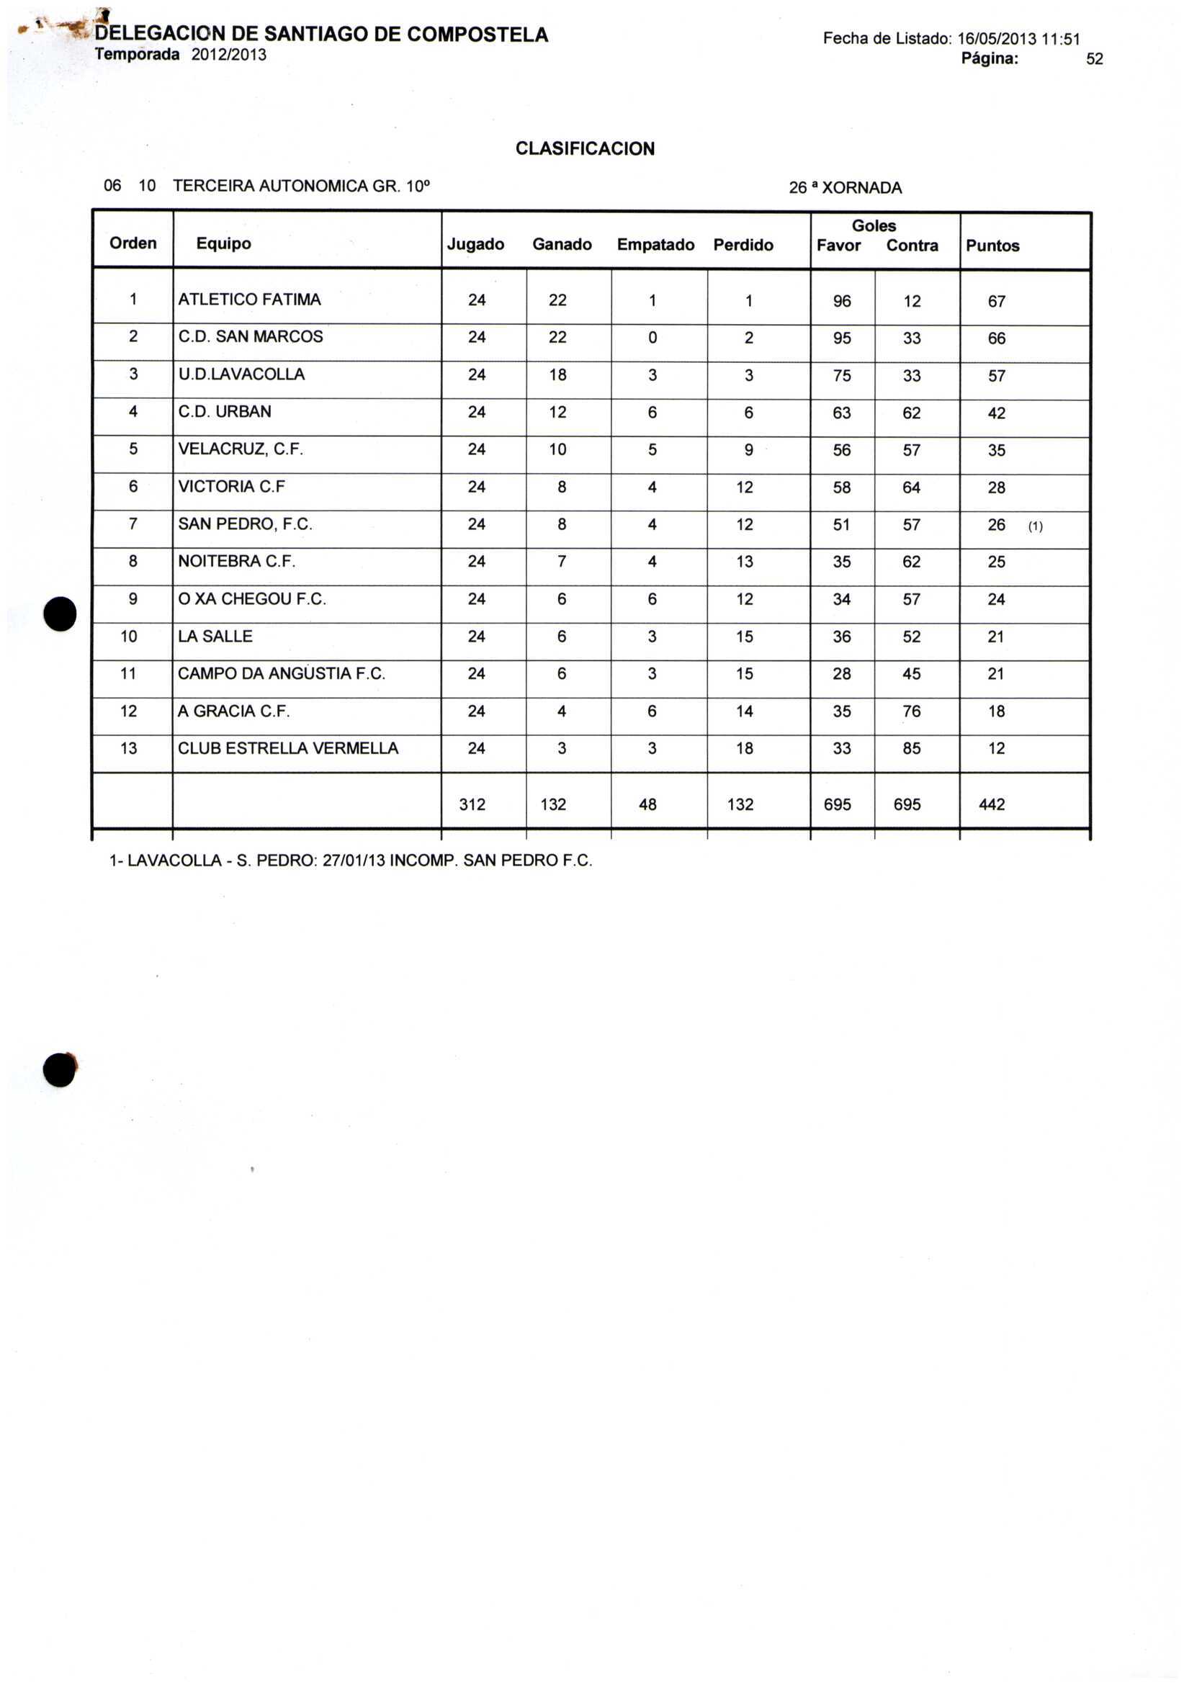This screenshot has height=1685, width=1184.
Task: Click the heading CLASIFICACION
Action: point(584,148)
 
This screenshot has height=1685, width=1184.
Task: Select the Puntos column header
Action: point(992,246)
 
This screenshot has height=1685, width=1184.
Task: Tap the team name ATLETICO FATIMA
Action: point(250,300)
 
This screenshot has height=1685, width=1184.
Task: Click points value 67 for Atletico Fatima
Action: point(996,302)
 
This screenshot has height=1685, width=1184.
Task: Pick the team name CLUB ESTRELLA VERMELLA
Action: point(288,749)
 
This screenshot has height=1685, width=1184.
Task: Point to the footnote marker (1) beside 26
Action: point(1035,526)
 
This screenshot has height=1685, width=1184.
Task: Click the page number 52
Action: point(1094,60)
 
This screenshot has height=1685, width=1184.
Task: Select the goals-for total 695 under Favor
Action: point(837,804)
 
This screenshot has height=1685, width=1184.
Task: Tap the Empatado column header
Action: point(655,244)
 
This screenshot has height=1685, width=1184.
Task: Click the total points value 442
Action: point(992,804)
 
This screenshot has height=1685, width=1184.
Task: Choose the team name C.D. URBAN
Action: point(225,412)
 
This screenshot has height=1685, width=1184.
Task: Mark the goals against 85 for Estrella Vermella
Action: point(911,749)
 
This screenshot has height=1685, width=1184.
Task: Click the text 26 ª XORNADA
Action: point(845,188)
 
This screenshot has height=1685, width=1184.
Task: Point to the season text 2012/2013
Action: point(229,55)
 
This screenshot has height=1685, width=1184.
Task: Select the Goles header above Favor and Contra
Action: point(874,226)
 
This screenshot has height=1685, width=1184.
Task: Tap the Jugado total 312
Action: point(472,804)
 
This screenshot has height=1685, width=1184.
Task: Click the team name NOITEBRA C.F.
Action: point(236,562)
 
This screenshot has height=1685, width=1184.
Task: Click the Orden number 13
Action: point(128,749)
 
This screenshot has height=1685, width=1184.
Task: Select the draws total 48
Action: point(647,804)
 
